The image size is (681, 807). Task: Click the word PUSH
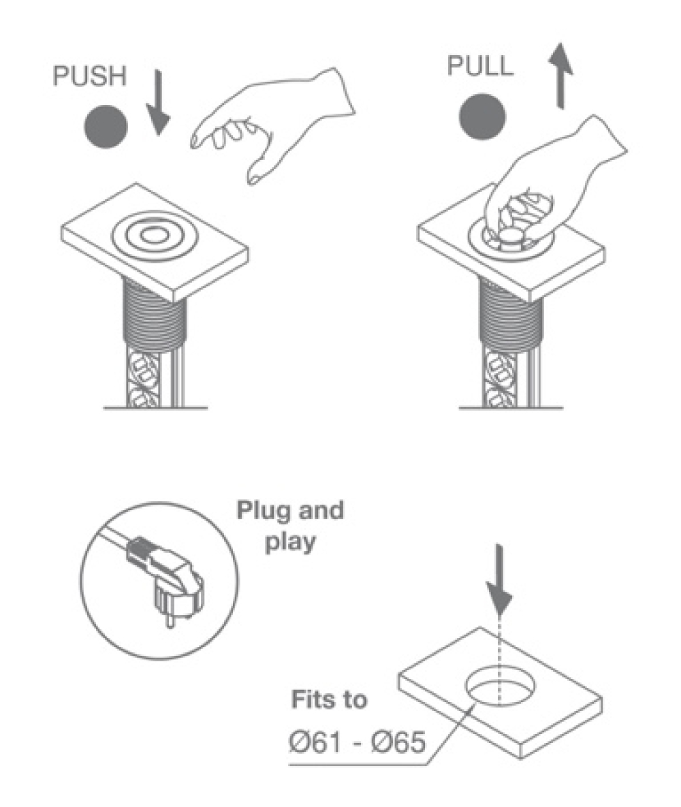(x=90, y=76)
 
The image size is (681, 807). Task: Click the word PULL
(x=480, y=66)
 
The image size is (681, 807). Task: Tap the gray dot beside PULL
(x=482, y=116)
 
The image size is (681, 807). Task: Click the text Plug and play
(x=290, y=526)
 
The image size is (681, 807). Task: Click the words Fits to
(x=330, y=700)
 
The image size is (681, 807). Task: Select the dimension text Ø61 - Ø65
(x=357, y=741)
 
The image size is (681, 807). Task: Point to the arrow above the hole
(x=501, y=580)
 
